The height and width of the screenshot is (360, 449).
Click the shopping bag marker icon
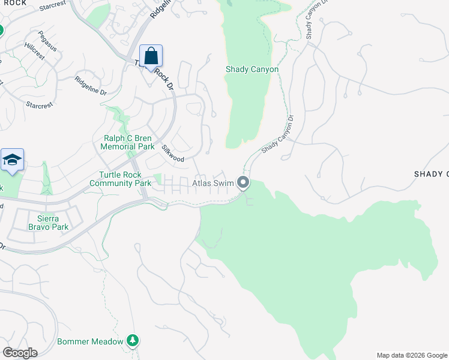(x=151, y=56)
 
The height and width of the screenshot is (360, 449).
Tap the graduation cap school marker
(x=12, y=160)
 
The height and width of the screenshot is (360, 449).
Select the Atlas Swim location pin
(x=243, y=182)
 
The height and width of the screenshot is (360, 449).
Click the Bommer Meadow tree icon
(x=133, y=341)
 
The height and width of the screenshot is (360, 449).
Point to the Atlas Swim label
(x=213, y=182)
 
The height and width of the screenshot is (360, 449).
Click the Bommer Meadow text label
(x=90, y=341)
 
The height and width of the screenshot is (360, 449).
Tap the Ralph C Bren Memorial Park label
(x=127, y=142)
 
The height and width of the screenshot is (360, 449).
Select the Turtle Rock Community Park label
(x=121, y=179)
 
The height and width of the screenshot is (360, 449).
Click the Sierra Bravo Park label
(x=48, y=223)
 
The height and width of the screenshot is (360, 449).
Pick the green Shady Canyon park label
(x=252, y=70)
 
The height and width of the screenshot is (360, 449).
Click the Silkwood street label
(x=173, y=153)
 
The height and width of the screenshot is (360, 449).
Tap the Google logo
(x=20, y=353)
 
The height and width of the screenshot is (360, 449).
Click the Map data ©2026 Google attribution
(x=412, y=355)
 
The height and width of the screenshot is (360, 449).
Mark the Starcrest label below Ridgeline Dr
(x=40, y=104)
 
